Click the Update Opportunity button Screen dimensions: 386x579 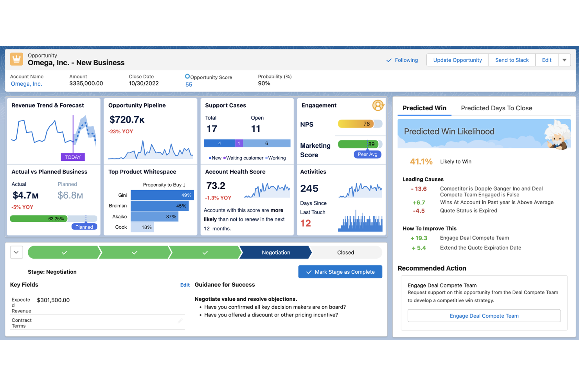457,60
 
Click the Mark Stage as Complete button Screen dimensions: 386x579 340,272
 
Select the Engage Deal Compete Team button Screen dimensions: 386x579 484,316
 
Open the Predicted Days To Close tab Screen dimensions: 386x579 496,108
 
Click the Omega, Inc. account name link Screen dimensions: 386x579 26,84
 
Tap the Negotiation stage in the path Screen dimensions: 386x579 276,253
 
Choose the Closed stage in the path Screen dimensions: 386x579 345,253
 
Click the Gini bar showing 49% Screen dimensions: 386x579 162,195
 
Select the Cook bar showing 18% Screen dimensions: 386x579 142,227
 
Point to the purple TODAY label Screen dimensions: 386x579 73,157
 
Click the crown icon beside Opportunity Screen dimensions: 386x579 16,59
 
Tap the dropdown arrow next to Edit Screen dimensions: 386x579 564,60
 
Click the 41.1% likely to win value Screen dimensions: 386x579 421,162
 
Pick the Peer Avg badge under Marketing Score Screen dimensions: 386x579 367,154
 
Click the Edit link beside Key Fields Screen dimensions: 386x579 185,285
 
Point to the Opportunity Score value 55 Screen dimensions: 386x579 189,85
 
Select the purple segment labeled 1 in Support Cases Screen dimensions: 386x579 239,144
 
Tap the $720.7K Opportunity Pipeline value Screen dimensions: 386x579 127,120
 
